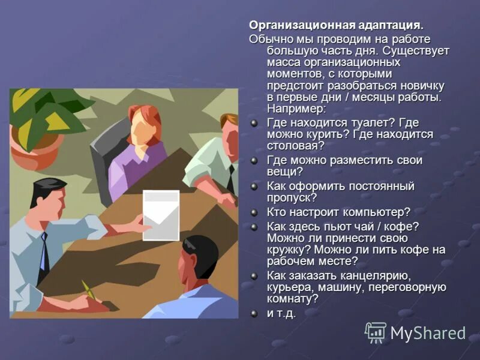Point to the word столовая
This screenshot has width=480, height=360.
pos(295,145)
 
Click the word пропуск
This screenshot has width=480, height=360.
pos(292,197)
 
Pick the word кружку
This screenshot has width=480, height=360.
pos(290,249)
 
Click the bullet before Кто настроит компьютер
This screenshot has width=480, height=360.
pos(254,212)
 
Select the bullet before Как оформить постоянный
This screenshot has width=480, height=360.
pos(254,187)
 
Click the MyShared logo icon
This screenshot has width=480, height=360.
pos(376,332)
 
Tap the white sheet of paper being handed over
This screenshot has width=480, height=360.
pos(160,215)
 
